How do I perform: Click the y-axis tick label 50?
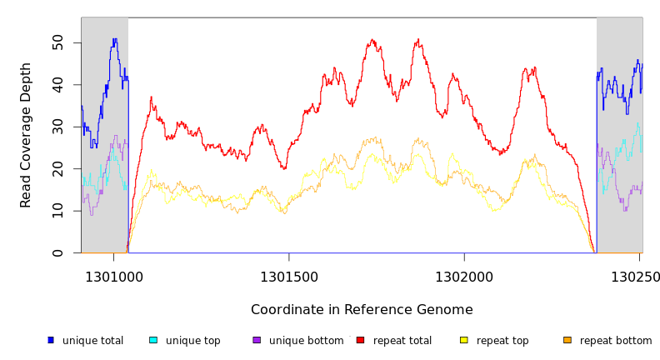coord(57,42)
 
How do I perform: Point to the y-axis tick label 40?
coord(57,85)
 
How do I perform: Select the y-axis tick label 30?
coord(57,127)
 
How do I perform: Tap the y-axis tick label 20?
coord(57,169)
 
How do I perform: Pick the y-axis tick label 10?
coord(57,211)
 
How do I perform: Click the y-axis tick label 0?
coord(57,252)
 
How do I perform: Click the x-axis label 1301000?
coord(114,277)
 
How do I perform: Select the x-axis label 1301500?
coord(289,277)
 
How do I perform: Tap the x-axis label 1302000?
coord(463,277)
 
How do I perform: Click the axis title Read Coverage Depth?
coord(26,135)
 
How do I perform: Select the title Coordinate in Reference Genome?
coord(362,310)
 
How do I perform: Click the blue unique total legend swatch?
coord(51,340)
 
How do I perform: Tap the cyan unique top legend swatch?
coord(153,340)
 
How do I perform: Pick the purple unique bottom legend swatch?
coord(257,340)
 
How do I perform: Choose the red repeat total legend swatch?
coord(361,340)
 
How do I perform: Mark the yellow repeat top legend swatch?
coord(464,340)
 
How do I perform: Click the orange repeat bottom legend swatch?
coord(567,340)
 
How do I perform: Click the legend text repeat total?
coord(402,341)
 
